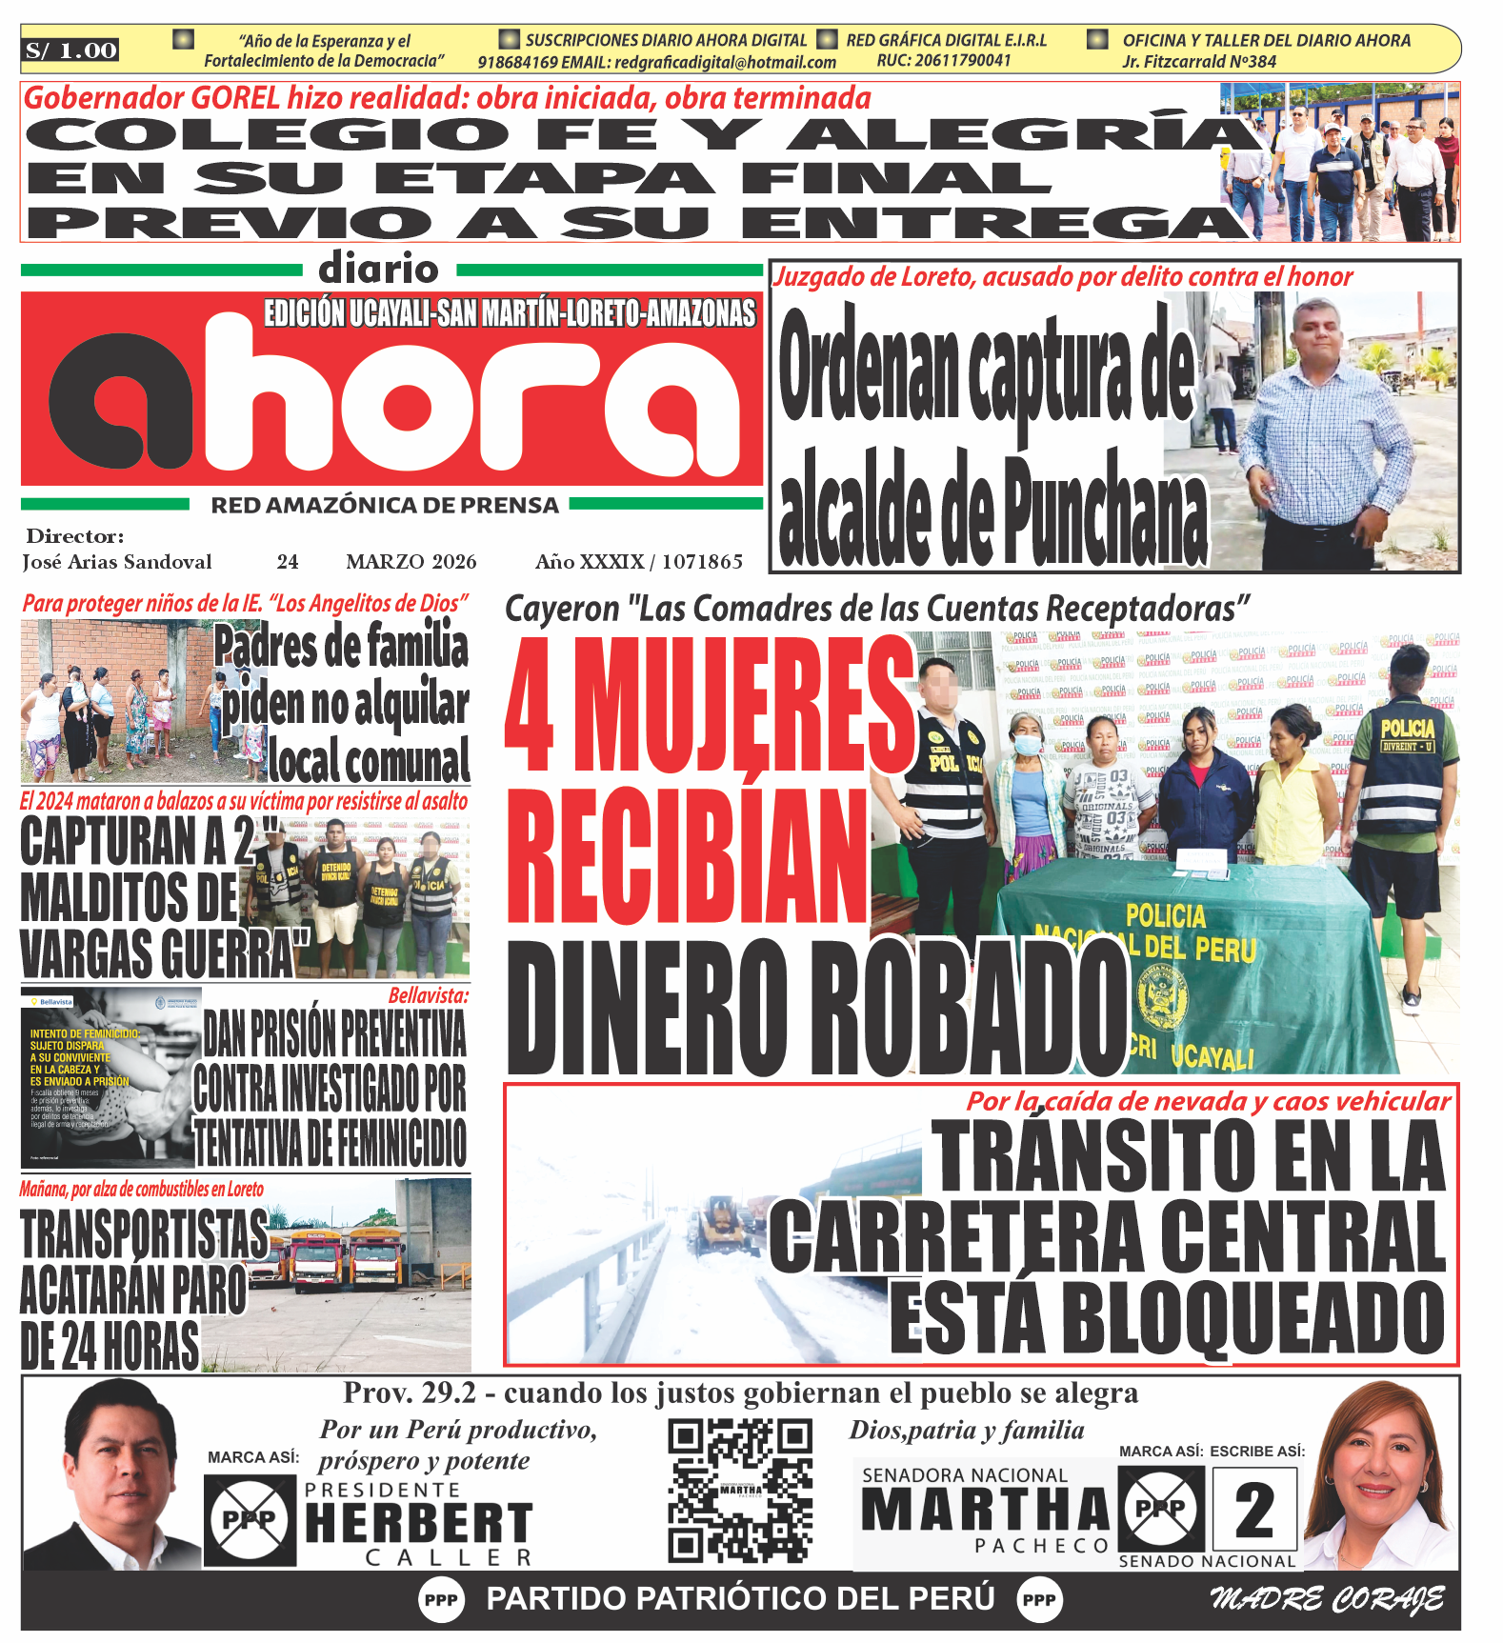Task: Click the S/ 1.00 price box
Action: (71, 50)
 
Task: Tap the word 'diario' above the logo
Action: (379, 269)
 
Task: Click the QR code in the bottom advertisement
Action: (740, 1491)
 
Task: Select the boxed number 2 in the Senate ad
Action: (1253, 1511)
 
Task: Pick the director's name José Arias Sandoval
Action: (117, 562)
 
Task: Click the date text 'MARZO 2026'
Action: (411, 562)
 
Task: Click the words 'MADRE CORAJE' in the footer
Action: (1327, 1599)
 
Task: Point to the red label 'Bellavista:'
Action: (429, 996)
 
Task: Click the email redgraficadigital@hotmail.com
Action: (725, 63)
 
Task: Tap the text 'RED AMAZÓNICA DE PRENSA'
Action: (385, 506)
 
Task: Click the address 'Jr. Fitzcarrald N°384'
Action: (1198, 62)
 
